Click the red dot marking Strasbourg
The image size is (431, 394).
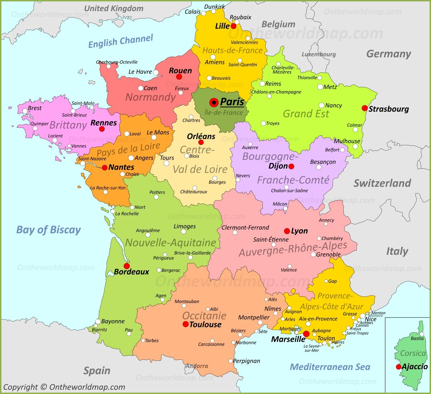click(364, 108)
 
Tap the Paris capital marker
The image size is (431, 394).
click(214, 102)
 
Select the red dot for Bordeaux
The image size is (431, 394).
click(127, 266)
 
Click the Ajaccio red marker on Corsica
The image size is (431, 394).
click(399, 367)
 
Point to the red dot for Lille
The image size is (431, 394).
click(233, 26)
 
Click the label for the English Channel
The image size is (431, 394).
click(120, 41)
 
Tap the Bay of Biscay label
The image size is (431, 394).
click(49, 230)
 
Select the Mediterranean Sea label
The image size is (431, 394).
click(330, 367)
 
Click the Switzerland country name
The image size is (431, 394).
click(382, 183)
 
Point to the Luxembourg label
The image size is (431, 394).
click(318, 54)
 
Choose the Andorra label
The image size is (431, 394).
click(197, 366)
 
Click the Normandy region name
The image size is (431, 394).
click(150, 97)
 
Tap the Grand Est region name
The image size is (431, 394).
click(306, 114)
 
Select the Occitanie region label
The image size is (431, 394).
click(204, 315)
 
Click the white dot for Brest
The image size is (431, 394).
click(25, 111)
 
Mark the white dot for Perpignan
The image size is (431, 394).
click(230, 361)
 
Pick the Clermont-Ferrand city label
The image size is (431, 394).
click(245, 227)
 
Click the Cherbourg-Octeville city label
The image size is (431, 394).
click(117, 62)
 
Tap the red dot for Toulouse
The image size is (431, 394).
click(185, 324)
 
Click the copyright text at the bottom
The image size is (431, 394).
click(64, 387)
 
